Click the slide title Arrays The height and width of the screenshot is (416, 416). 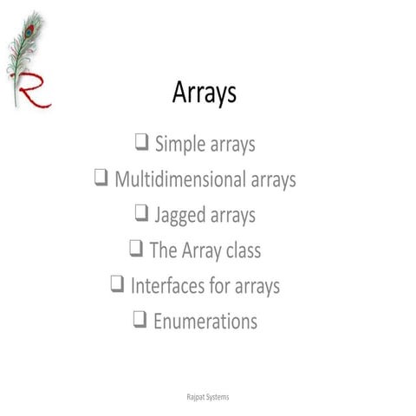click(x=205, y=94)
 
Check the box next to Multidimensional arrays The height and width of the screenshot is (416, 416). click(x=101, y=179)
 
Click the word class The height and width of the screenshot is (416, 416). click(x=239, y=250)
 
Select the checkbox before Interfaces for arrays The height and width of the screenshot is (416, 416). click(x=118, y=283)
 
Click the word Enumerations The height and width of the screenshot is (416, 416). click(x=205, y=321)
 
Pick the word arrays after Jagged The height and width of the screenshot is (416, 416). click(x=232, y=216)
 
